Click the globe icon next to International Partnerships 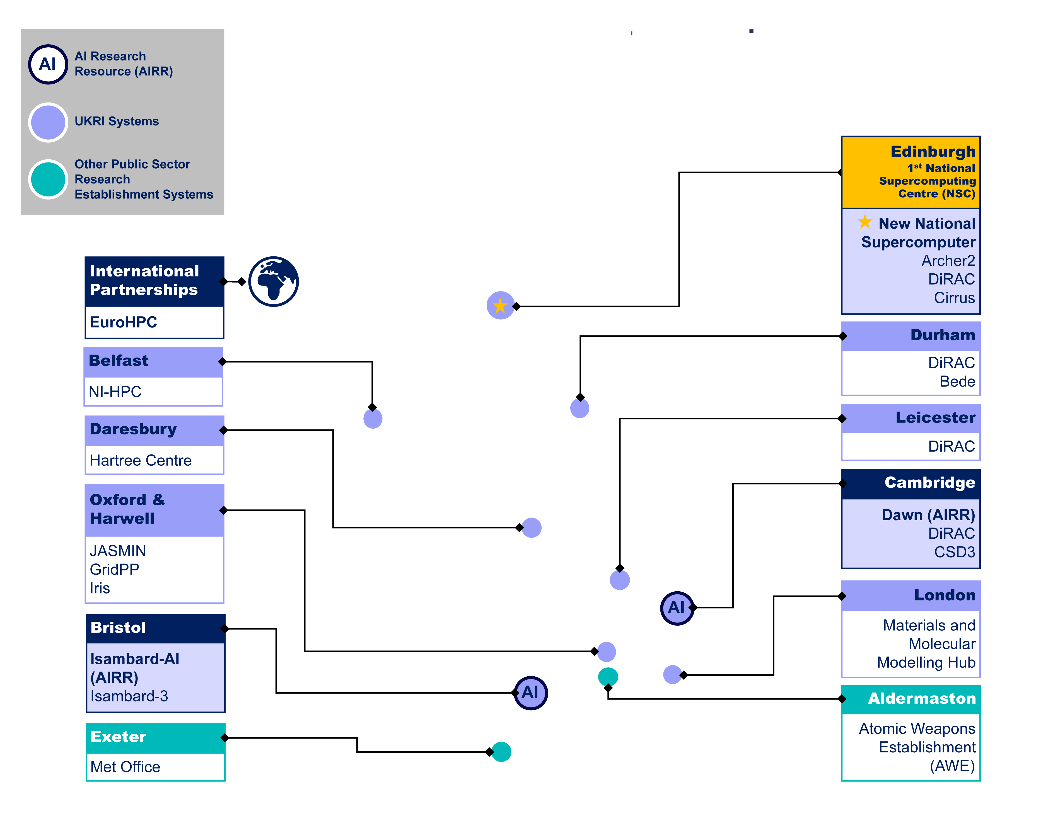(273, 282)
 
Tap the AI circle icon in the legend (48, 64)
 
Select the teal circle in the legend (48, 179)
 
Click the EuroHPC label (124, 322)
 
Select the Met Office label (125, 767)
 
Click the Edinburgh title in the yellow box (932, 152)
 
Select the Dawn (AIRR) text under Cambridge (928, 515)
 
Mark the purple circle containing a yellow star (500, 305)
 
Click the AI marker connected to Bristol (531, 693)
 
